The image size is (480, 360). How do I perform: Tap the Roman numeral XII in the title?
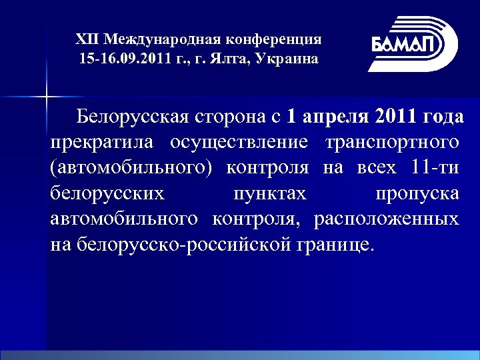85,39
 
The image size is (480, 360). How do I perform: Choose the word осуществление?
239,143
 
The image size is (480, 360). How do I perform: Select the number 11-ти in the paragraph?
435,168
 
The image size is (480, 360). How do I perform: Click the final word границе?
338,244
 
